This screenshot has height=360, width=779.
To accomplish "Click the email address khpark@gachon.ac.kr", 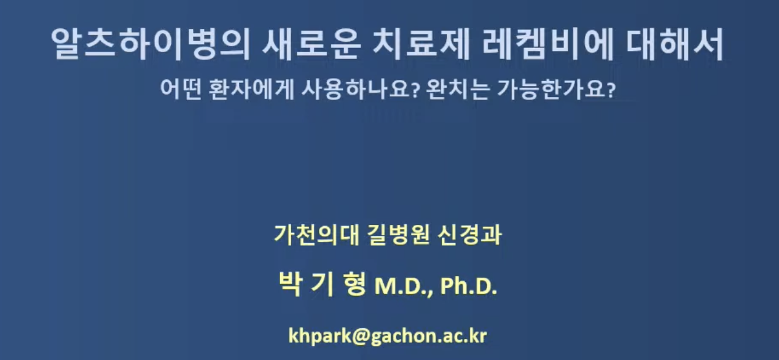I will click(389, 335).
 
